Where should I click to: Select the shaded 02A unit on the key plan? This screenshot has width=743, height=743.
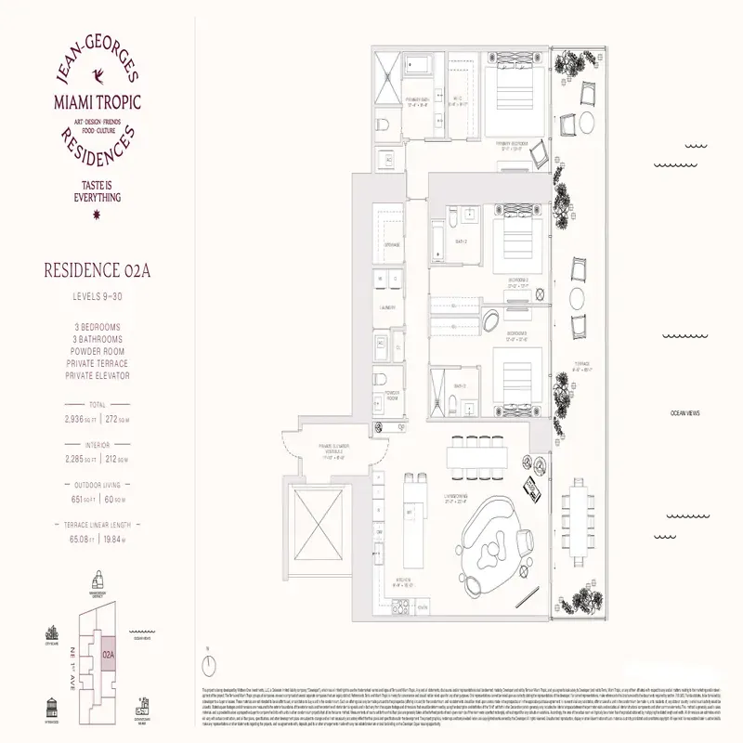(109, 655)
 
